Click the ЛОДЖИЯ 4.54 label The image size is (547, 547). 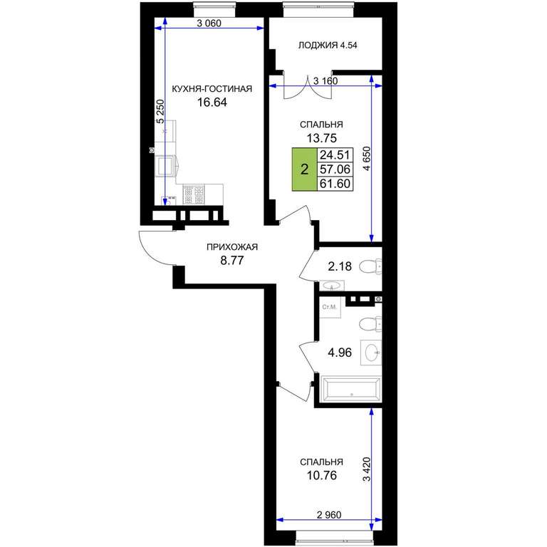pos(328,45)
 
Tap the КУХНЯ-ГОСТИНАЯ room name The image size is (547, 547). pos(212,88)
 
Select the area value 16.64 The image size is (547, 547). pos(212,103)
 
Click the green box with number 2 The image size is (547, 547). pos(305,170)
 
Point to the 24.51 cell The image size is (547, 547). pos(335,155)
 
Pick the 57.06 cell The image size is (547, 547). pos(335,170)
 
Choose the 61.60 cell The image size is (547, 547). pos(335,184)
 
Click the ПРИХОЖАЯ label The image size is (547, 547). pos(232,247)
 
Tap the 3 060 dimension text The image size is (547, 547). pos(209,24)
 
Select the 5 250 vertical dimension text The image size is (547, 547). pos(160,112)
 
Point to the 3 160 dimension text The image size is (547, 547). pos(325,81)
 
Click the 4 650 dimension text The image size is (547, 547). pos(367,158)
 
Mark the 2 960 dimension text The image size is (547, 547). pos(329,514)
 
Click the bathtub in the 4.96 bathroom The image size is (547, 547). pos(351,390)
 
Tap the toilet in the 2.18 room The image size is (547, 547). pos(370,266)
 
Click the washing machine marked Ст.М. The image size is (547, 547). pos(330,308)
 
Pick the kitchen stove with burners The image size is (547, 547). pos(194,194)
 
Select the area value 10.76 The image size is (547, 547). pos(322,476)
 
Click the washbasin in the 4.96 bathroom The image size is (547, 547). pos(371,353)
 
